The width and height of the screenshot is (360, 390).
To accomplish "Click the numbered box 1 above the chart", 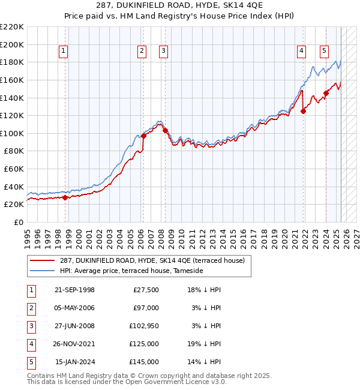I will (64, 51).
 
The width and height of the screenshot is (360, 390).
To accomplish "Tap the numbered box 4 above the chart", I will (301, 51).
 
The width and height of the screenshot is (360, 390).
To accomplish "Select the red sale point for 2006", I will (143, 136).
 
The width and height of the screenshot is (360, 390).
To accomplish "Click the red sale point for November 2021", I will (304, 111).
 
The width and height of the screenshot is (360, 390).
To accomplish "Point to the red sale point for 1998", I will (65, 197).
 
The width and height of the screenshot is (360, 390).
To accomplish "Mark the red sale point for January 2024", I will (326, 93).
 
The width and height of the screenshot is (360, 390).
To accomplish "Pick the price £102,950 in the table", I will (144, 326).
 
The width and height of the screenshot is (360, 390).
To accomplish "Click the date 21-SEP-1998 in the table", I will (74, 290).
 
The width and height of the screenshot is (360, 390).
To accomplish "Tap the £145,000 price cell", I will (144, 362).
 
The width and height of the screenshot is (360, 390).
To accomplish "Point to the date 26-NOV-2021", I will (74, 344).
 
